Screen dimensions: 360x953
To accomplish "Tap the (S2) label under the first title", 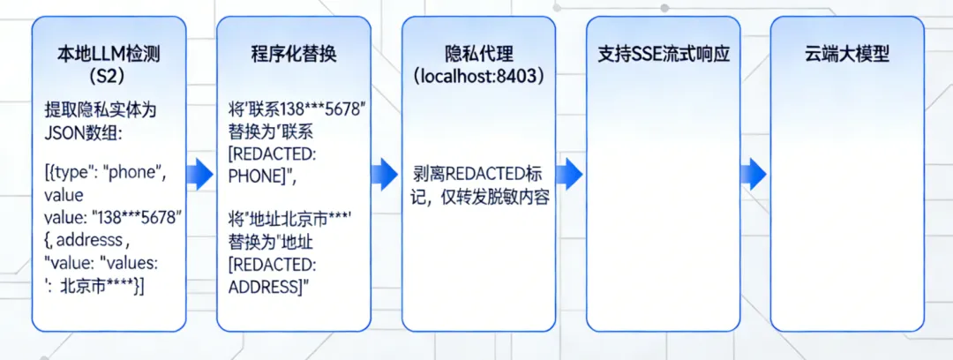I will pos(109,77).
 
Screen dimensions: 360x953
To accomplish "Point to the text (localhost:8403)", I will pos(478,77).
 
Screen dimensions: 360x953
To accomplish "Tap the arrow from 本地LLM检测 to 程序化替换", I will pos(202,174).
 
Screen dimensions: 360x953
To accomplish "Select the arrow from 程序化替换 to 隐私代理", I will pos(386,174).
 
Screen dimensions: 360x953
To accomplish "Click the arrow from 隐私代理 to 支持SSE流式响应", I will pos(570,174).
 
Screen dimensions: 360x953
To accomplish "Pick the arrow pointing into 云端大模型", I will pos(754,174).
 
